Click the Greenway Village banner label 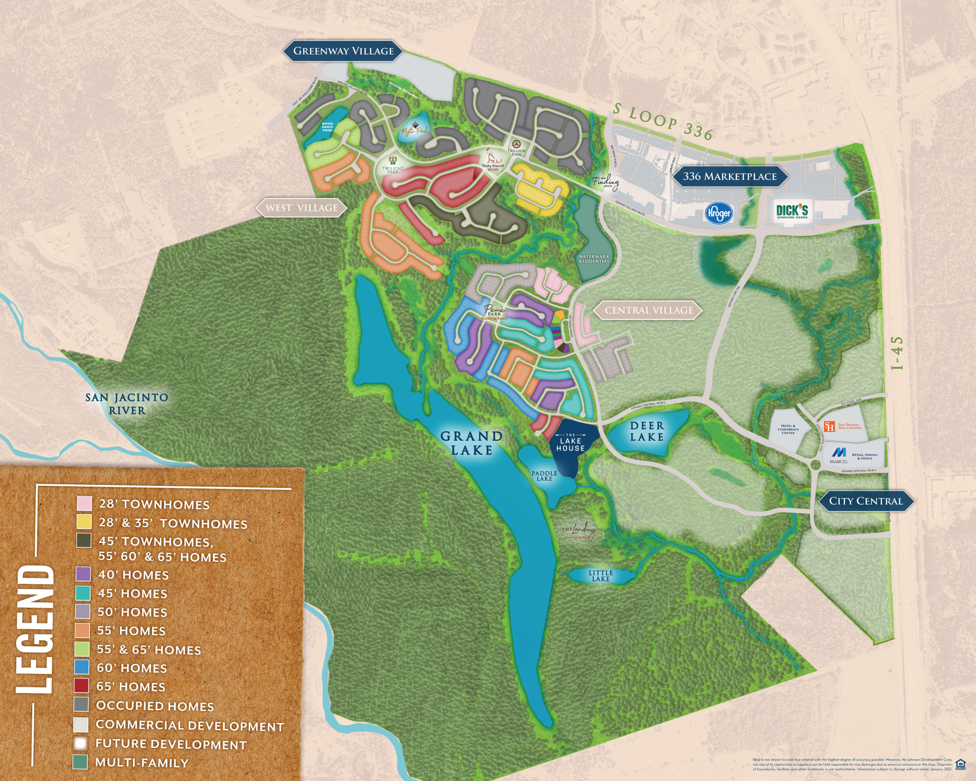(x=344, y=51)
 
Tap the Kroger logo (x=718, y=213)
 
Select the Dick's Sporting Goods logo (x=792, y=211)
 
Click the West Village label (x=301, y=208)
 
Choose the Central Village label (x=649, y=310)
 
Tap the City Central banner (x=865, y=501)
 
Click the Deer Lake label (x=647, y=431)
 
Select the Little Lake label (x=601, y=576)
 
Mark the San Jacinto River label (x=127, y=404)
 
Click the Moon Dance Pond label (x=327, y=127)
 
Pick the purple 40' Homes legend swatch (x=83, y=575)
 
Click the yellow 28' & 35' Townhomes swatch (x=84, y=522)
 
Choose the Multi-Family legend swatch (x=80, y=762)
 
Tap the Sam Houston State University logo (x=829, y=426)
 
